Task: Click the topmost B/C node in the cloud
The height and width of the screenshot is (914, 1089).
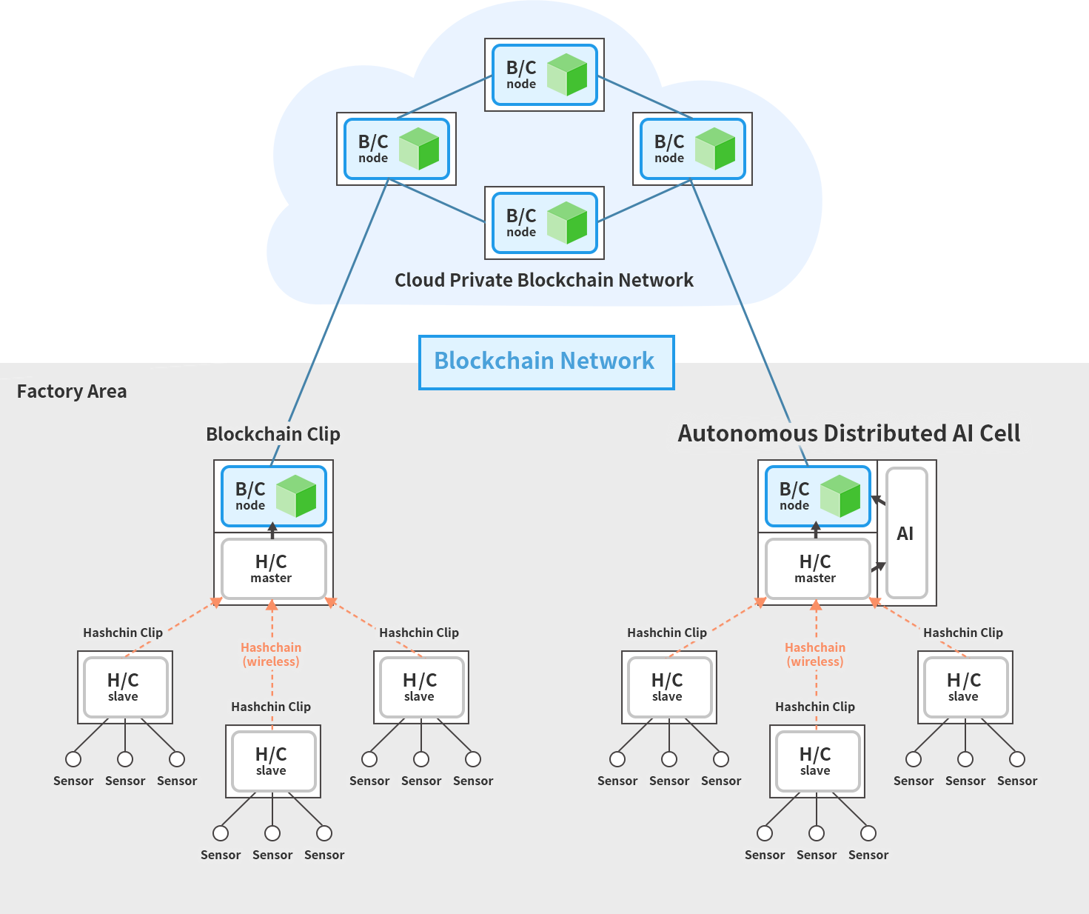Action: (x=544, y=75)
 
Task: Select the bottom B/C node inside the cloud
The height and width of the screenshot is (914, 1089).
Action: (x=544, y=223)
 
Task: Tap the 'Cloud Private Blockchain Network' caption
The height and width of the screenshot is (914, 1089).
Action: (x=544, y=280)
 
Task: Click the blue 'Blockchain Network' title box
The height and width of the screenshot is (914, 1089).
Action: (x=546, y=361)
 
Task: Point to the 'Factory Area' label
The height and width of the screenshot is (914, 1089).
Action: (x=72, y=391)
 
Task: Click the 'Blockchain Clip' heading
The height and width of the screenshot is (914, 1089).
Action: (x=273, y=434)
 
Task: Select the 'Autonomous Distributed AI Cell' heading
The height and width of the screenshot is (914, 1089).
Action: (x=848, y=433)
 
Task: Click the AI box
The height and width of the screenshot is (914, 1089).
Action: (x=906, y=533)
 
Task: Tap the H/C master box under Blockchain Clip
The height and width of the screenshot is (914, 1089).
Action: (x=273, y=568)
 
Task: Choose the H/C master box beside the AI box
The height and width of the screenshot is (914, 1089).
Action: (x=817, y=568)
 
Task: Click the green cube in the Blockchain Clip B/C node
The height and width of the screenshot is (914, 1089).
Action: (x=296, y=496)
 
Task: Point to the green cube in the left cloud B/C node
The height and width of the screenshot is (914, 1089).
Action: (x=419, y=148)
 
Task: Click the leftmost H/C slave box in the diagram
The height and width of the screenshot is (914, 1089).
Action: (x=124, y=687)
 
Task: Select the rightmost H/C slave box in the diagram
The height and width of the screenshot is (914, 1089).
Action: (x=965, y=687)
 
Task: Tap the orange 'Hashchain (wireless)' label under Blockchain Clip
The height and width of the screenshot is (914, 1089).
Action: (x=271, y=655)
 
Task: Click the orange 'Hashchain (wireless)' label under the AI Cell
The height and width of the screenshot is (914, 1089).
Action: (x=814, y=655)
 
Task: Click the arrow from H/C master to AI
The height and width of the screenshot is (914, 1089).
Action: (x=878, y=567)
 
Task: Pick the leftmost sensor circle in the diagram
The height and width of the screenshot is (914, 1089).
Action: (x=73, y=759)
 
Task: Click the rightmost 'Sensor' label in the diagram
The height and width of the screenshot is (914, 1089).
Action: (x=1016, y=781)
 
